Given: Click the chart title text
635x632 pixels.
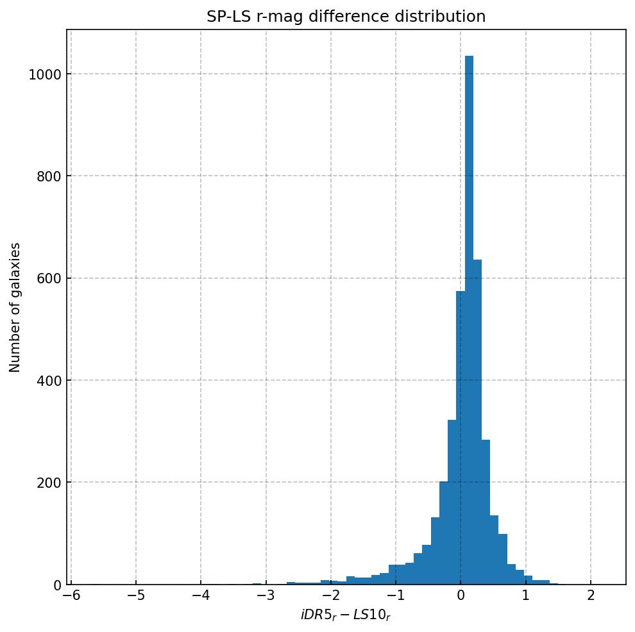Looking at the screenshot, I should pos(346,17).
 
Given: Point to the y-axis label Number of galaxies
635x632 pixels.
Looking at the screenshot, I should pos(15,307).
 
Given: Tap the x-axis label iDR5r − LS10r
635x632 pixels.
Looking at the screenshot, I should pos(346,615).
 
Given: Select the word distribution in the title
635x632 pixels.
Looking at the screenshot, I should pos(446,17).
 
